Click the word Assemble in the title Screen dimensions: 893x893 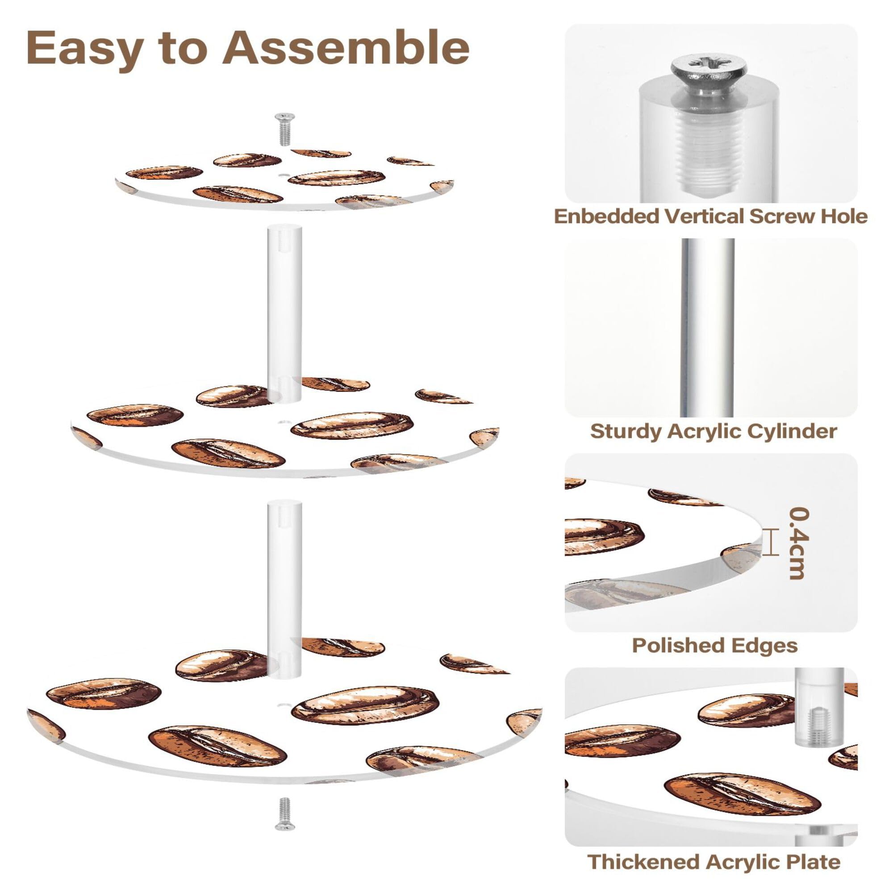click(x=346, y=49)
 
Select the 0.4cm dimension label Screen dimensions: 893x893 click(x=799, y=543)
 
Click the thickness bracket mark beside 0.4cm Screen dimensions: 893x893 click(x=767, y=542)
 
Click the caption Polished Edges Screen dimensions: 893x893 click(x=714, y=646)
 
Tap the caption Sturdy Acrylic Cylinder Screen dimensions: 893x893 click(x=713, y=431)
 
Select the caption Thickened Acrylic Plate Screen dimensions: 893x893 click(x=713, y=862)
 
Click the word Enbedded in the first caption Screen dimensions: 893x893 click(x=607, y=216)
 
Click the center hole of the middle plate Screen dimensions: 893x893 click(x=283, y=422)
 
